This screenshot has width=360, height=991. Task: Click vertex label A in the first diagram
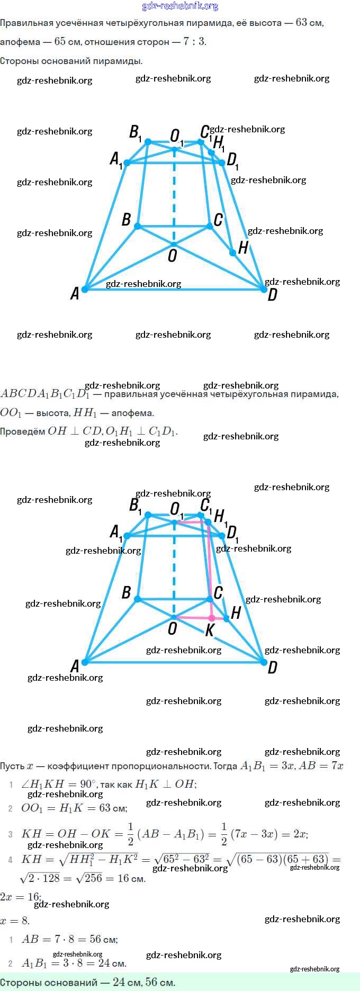coord(75,293)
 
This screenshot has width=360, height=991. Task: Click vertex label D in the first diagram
coord(272,294)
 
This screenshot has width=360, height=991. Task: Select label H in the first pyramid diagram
coord(243,247)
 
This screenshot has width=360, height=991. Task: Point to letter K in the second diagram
coord(210,629)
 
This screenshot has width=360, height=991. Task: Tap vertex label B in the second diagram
coord(126,592)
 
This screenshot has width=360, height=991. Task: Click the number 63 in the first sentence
coord(302,23)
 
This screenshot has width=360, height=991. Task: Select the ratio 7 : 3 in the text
coord(194,41)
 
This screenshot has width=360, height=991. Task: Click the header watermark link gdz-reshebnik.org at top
coord(180,6)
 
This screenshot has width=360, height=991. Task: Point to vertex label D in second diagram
coord(272,667)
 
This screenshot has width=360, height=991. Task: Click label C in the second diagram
coord(218,592)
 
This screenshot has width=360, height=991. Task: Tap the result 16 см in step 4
coord(131,878)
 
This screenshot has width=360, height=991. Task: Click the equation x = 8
coord(15,920)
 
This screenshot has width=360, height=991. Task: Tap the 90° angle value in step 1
coord(88,783)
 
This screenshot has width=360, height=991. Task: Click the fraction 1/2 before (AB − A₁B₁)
coord(130,833)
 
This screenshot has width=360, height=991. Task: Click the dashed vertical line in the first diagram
coord(174,196)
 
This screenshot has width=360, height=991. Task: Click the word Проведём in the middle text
coord(22,431)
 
